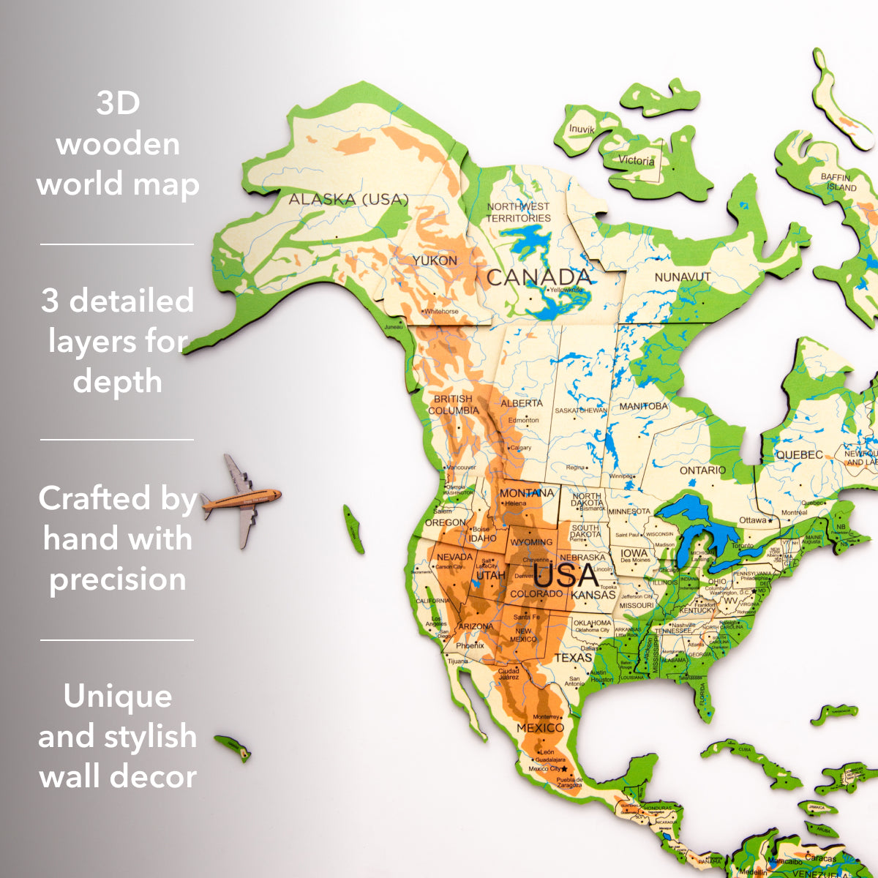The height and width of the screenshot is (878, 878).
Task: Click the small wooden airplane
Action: point(241,500)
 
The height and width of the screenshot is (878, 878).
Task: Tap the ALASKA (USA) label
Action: point(348,199)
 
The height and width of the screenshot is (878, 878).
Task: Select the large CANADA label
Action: point(539,277)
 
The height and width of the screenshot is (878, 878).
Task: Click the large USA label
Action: point(566,576)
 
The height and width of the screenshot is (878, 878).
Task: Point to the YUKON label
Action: point(435,260)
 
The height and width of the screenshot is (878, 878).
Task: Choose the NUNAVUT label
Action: point(682,277)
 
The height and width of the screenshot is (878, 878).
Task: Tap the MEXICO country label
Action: point(540,728)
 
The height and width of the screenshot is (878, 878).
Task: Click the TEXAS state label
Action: point(573,657)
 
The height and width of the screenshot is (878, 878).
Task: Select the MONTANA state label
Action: point(527,493)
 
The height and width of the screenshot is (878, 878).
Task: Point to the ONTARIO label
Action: point(702,470)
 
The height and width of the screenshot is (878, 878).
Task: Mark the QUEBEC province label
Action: point(799,454)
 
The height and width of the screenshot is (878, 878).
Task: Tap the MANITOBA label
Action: point(643,406)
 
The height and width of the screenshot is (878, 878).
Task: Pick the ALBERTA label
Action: point(522,403)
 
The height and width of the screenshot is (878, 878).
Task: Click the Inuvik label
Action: point(582,129)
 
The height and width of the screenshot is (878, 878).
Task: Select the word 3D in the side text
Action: point(118,103)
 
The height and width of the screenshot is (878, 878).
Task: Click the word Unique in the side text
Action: point(118,696)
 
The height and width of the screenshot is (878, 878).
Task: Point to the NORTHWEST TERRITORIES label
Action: point(518,212)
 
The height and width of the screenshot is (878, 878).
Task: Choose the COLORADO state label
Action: point(536,593)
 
